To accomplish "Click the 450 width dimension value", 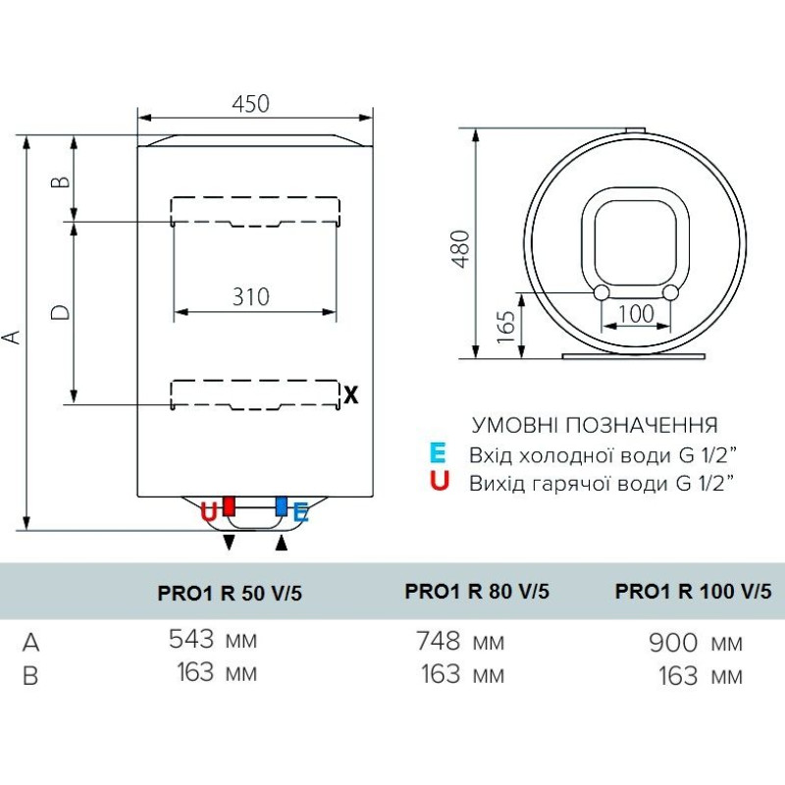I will pos(250,103).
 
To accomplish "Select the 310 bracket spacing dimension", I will pos(251,295).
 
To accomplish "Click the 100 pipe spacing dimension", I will pos(637,314).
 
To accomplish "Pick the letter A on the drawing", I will pos(12,337).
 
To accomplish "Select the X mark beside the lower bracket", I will pos(351,395).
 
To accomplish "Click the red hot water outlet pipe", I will pos(229,506).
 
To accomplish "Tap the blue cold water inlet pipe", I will pos(282,506).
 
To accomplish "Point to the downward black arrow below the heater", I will pos(230,543).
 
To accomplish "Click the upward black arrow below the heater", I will pos(283,543).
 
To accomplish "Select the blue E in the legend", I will pos(438,453).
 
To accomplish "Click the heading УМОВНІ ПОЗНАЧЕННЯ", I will pos(595,425).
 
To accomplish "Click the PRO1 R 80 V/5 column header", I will pos(477,591).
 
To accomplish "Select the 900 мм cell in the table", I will pos(695,643).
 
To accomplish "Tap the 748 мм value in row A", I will pos(459,642).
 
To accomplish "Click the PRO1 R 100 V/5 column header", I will pos(693,591).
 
